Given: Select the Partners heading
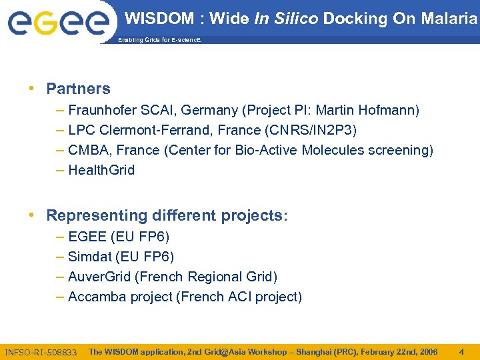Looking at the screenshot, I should coord(78,89).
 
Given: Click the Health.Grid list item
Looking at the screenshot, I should coord(101,170).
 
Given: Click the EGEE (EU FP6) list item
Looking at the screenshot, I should coord(119,237).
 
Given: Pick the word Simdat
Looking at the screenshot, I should coord(89,257).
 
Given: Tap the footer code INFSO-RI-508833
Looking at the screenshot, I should coord(41,352).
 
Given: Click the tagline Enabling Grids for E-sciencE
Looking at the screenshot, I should coord(159,40).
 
